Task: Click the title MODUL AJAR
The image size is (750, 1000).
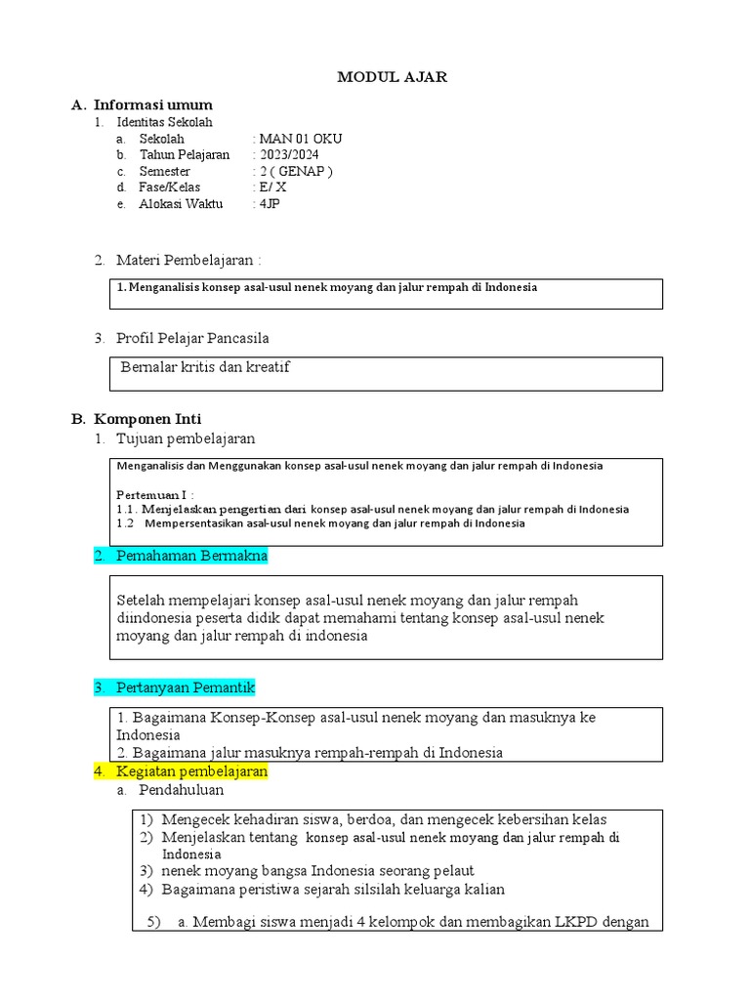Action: click(x=392, y=78)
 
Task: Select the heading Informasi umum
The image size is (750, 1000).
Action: click(x=151, y=104)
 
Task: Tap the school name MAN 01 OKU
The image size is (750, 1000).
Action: click(x=300, y=139)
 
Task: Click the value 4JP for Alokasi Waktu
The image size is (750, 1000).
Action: click(x=268, y=204)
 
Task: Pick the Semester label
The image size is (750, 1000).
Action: click(x=165, y=171)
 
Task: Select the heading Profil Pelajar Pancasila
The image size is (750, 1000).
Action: click(x=192, y=338)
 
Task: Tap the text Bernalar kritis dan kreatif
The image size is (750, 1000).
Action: click(x=205, y=367)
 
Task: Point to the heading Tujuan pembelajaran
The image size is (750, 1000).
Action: click(x=186, y=438)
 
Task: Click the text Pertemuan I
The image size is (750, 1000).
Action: click(x=153, y=494)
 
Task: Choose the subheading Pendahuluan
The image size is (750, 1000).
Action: click(x=181, y=789)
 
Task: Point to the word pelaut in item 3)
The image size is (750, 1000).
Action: click(x=452, y=870)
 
